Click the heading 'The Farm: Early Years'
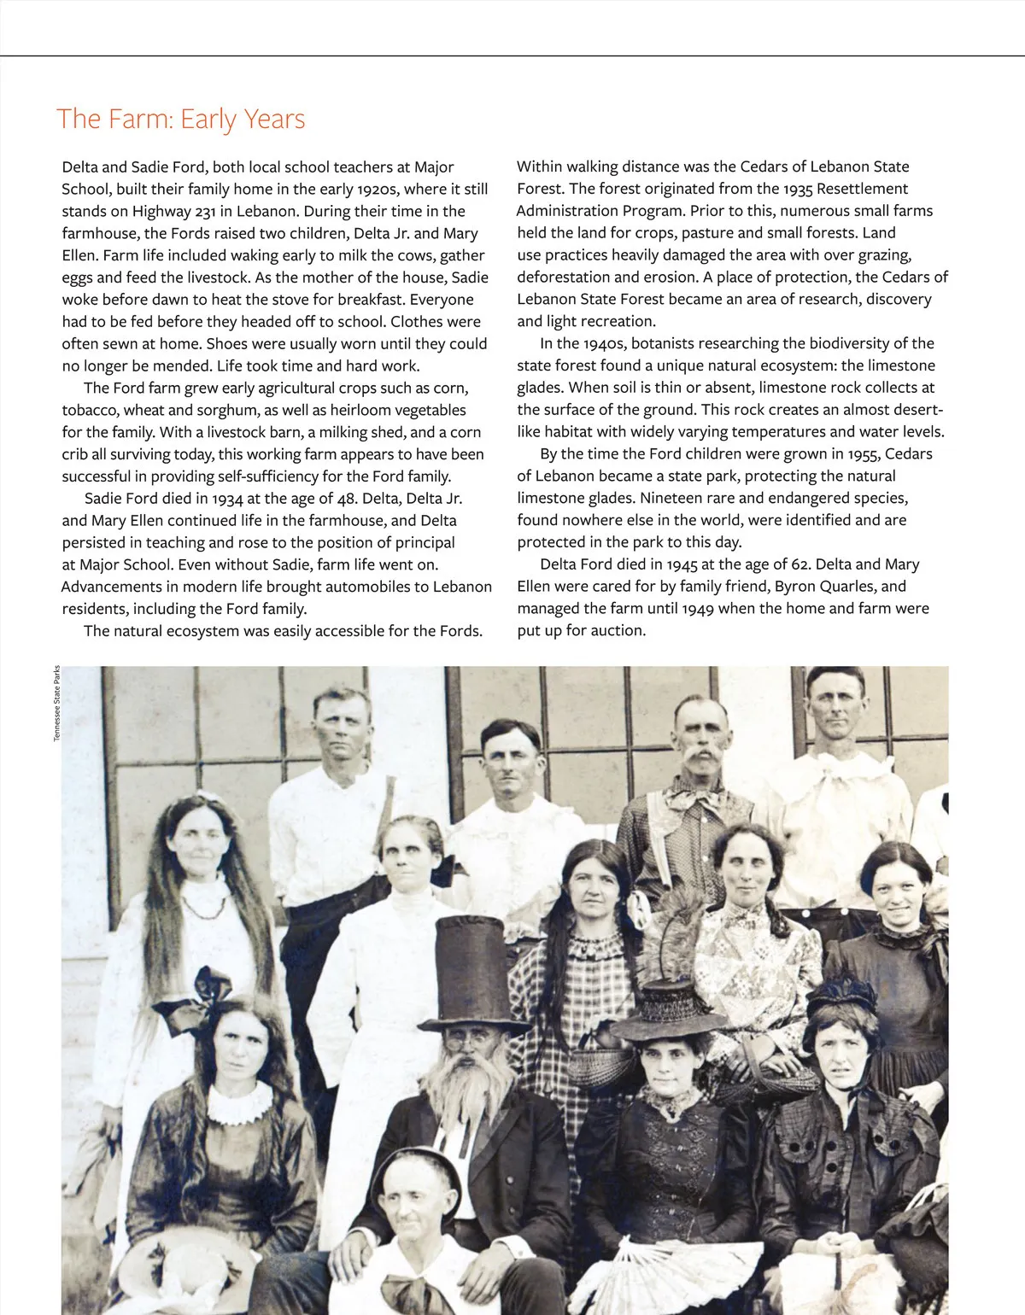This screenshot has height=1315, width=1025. (180, 119)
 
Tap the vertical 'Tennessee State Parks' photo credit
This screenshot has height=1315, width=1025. (56, 704)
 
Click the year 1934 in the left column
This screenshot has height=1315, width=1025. (230, 499)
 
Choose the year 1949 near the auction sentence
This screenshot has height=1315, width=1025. (700, 609)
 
